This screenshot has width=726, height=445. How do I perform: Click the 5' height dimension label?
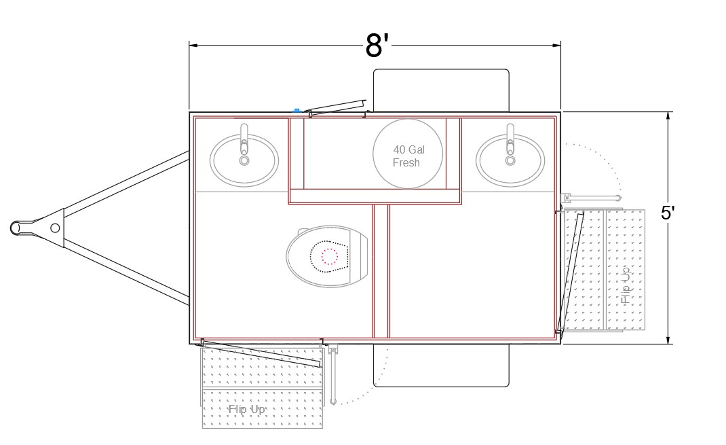coord(668,213)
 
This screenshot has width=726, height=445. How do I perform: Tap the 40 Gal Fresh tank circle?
coord(408,154)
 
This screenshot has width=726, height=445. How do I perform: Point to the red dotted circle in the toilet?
coord(329,256)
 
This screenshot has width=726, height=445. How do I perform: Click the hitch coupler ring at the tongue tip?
coord(17,228)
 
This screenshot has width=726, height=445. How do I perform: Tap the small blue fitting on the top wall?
coord(297,110)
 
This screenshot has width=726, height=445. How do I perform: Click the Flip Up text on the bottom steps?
coord(247,409)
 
